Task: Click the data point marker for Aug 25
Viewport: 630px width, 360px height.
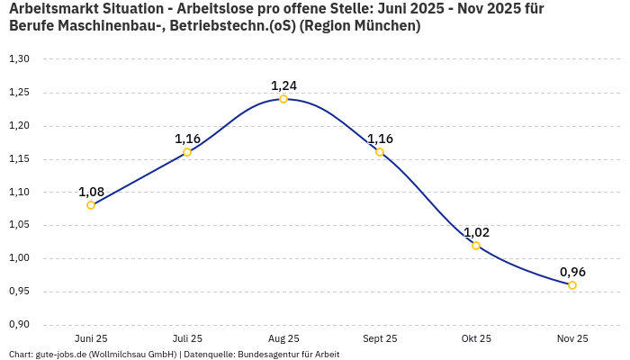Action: click(283, 99)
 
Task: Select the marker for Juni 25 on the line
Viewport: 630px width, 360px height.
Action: click(91, 205)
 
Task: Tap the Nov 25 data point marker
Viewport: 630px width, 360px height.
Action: click(572, 285)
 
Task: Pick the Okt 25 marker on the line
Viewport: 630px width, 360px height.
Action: click(476, 246)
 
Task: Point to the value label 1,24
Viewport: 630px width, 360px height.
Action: click(283, 85)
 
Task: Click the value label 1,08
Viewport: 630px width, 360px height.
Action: click(91, 192)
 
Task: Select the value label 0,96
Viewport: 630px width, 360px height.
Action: click(572, 272)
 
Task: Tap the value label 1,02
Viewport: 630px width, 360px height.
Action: click(476, 232)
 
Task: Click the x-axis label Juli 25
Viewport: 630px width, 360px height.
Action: click(187, 338)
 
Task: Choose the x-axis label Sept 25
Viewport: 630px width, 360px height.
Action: click(380, 338)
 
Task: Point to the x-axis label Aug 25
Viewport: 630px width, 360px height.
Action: click(283, 338)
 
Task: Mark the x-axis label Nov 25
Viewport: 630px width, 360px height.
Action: click(572, 338)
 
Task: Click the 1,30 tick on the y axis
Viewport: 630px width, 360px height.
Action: click(19, 59)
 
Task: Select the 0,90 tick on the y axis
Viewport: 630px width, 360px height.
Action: click(19, 325)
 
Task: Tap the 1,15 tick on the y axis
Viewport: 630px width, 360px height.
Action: click(19, 159)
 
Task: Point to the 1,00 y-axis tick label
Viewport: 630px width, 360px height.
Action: click(19, 258)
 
